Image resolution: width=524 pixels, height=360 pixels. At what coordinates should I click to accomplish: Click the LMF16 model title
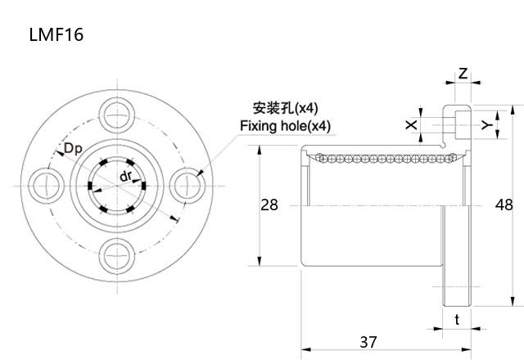tap(56, 34)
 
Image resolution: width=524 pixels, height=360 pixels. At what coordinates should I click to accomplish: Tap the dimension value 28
tap(269, 205)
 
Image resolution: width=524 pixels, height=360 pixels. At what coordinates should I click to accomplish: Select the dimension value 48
tap(504, 205)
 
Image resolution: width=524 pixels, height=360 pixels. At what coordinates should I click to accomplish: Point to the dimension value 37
tap(368, 342)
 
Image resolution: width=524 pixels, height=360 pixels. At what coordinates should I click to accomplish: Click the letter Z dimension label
tap(463, 74)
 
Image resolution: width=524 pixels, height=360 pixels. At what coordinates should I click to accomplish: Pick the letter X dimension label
tap(411, 124)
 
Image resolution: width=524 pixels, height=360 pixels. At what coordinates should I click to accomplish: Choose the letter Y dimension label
tap(485, 124)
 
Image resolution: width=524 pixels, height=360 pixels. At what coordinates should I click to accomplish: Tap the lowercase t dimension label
tap(457, 320)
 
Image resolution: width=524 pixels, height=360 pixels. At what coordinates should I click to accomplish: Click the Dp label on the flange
tap(72, 148)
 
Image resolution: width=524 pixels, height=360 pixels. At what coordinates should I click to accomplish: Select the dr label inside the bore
tap(125, 178)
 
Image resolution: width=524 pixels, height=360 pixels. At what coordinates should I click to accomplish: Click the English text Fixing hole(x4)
tap(285, 126)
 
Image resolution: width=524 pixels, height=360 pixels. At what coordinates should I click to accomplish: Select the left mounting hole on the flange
tap(43, 182)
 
